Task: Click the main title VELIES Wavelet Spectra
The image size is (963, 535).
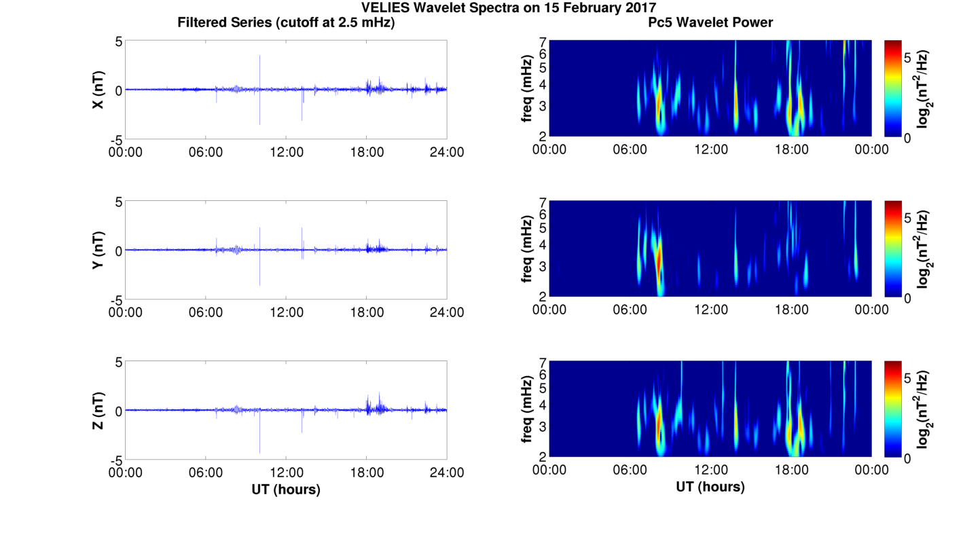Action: [x=509, y=7]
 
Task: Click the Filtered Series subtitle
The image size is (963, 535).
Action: [x=286, y=22]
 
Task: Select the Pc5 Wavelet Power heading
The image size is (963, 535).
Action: [x=710, y=22]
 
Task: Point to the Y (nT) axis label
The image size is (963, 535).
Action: [x=98, y=251]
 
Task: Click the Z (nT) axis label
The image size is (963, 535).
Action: [x=98, y=411]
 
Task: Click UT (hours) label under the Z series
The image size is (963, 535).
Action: [x=286, y=489]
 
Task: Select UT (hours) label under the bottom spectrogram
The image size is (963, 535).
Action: [x=710, y=487]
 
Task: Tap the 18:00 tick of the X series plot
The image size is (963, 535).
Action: [x=367, y=152]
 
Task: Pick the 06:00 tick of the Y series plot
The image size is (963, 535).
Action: [x=206, y=312]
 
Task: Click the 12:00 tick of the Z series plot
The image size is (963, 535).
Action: [x=286, y=473]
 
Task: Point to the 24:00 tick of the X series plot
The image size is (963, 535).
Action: [x=447, y=152]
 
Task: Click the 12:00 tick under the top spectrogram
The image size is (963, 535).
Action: [x=710, y=149]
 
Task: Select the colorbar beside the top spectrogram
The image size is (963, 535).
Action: [x=892, y=88]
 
